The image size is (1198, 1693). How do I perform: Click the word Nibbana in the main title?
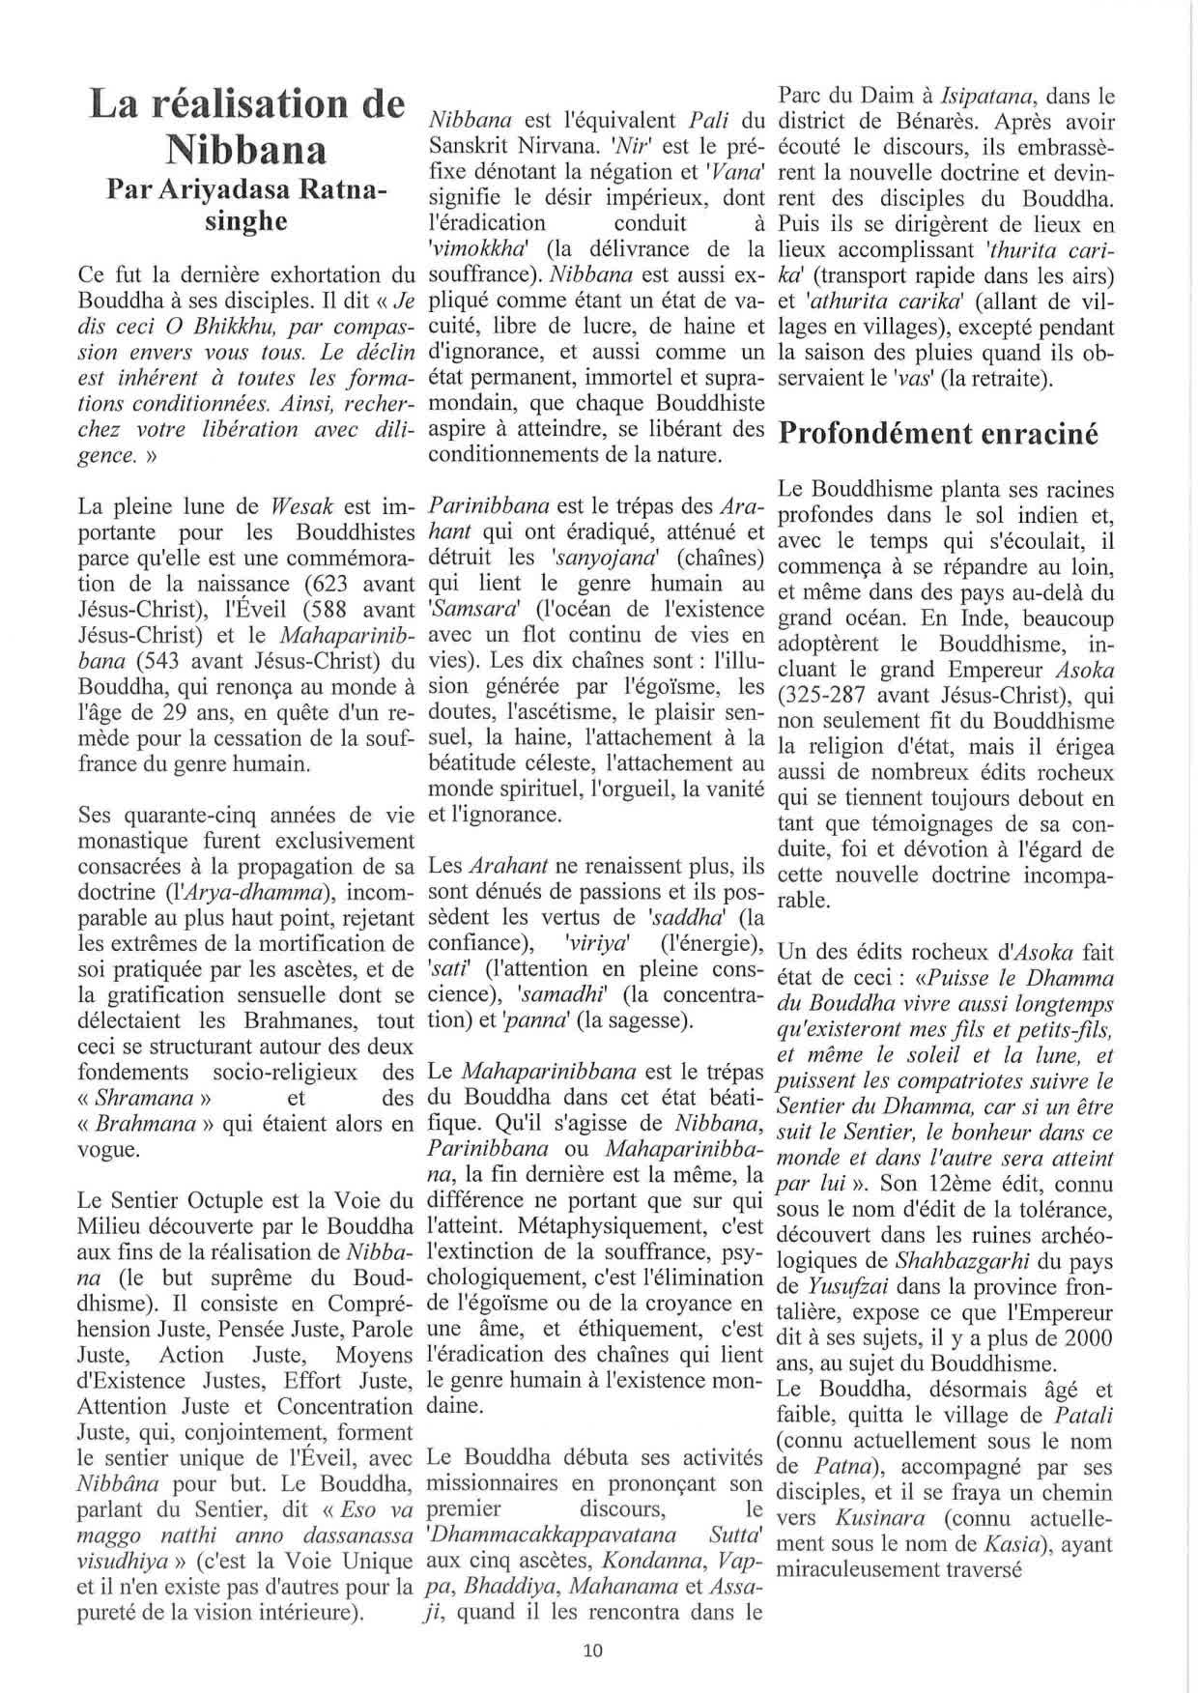click(x=245, y=151)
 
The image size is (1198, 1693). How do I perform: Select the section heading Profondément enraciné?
click(x=938, y=434)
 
